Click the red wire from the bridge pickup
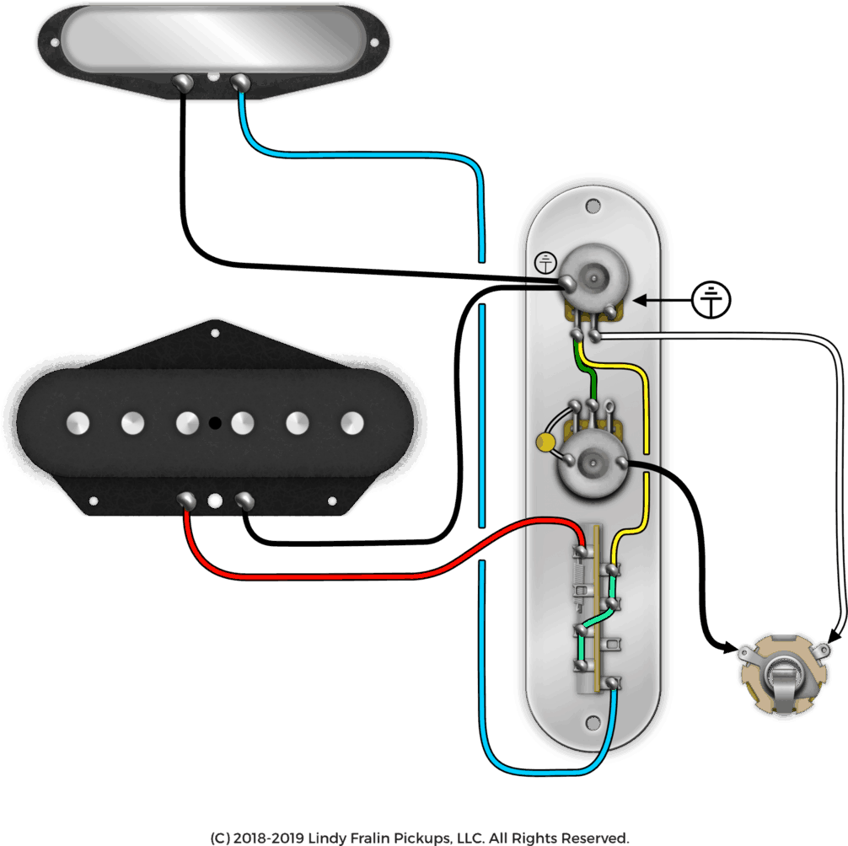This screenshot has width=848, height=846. [x=337, y=575]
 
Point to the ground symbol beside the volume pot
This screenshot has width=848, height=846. [x=546, y=263]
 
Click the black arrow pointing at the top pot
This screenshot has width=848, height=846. [x=647, y=299]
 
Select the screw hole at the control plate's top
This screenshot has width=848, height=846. [x=593, y=206]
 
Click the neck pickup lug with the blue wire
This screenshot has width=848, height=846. [x=240, y=82]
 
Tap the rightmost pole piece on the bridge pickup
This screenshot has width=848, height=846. [x=352, y=422]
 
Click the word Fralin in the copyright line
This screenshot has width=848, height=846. [x=380, y=838]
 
